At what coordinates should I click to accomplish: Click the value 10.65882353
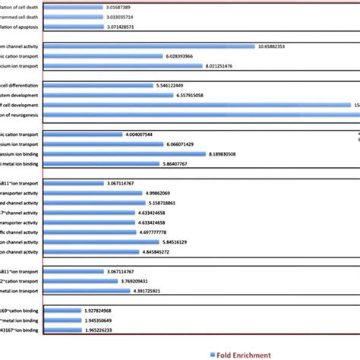pos(281,46)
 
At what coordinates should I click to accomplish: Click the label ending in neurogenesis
pos(22,115)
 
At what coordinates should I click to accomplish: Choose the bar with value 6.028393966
pos(103,55)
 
